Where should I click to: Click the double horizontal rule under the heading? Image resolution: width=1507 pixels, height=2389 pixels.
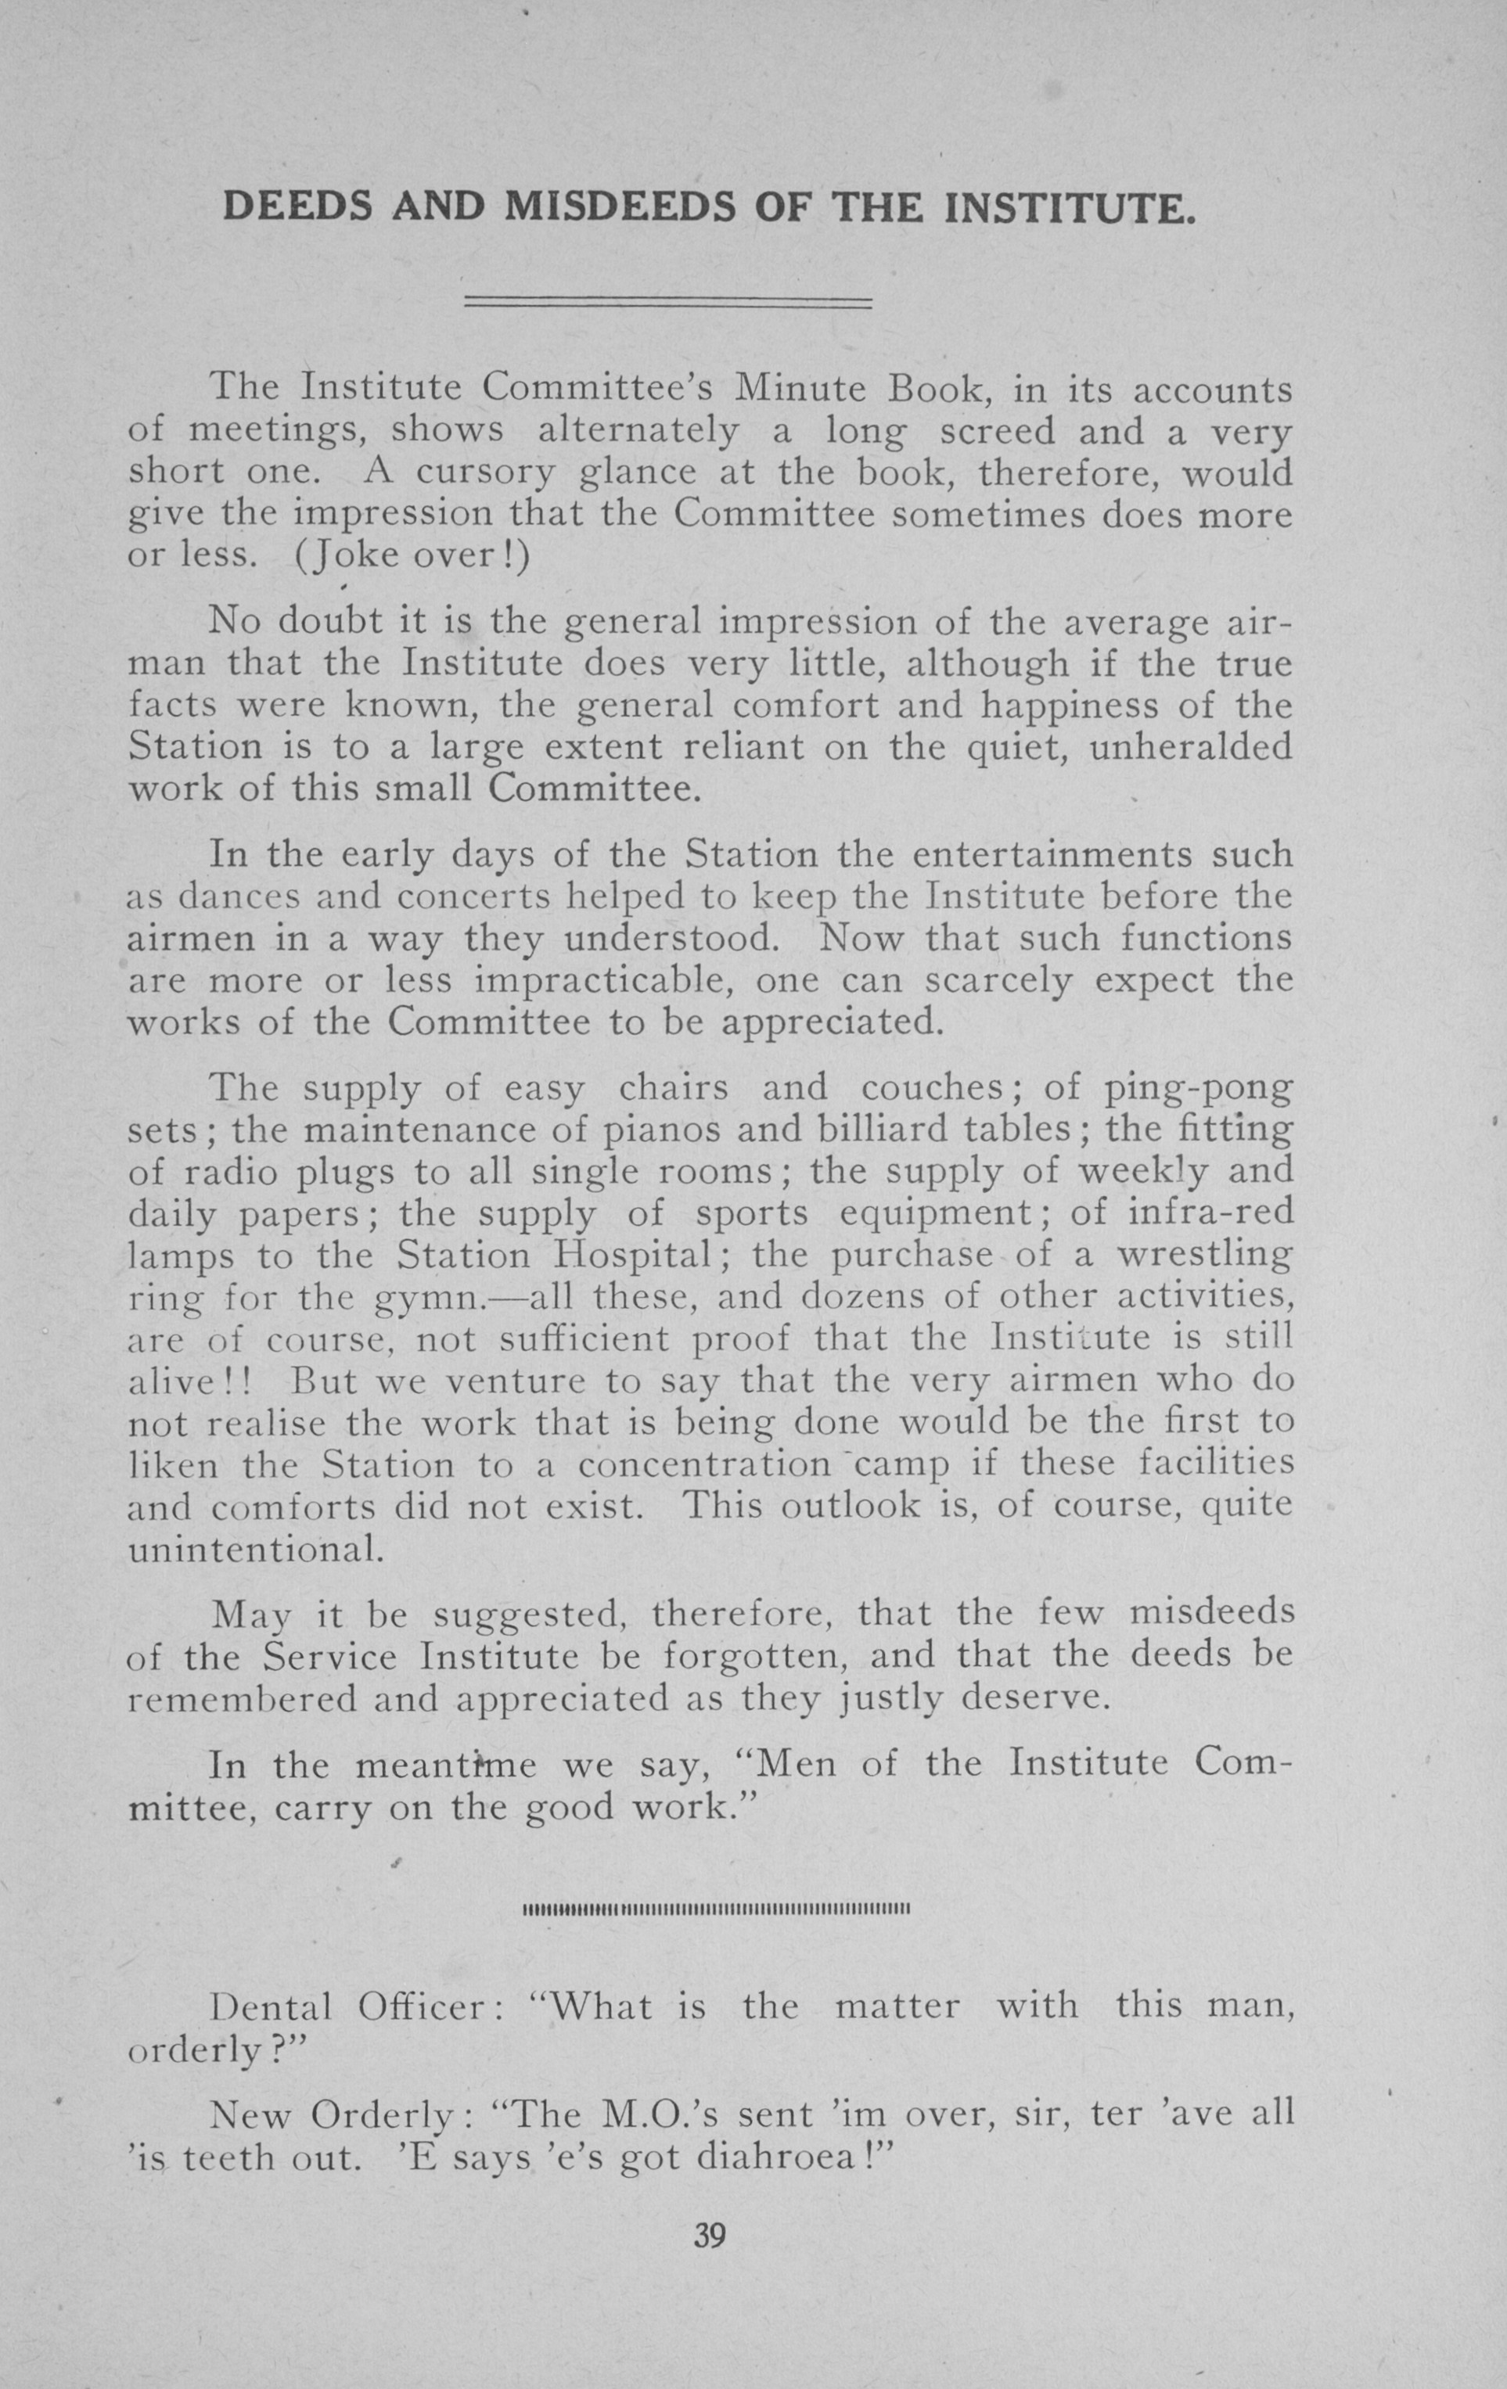[667, 303]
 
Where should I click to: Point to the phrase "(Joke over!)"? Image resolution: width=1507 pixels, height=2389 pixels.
[412, 555]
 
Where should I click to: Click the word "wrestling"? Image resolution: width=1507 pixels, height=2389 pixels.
[1204, 1256]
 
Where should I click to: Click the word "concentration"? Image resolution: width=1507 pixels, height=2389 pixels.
[704, 1464]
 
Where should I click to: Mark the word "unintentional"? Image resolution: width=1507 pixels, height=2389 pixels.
[255, 1549]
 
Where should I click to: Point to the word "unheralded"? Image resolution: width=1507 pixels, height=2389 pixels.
[1191, 747]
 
